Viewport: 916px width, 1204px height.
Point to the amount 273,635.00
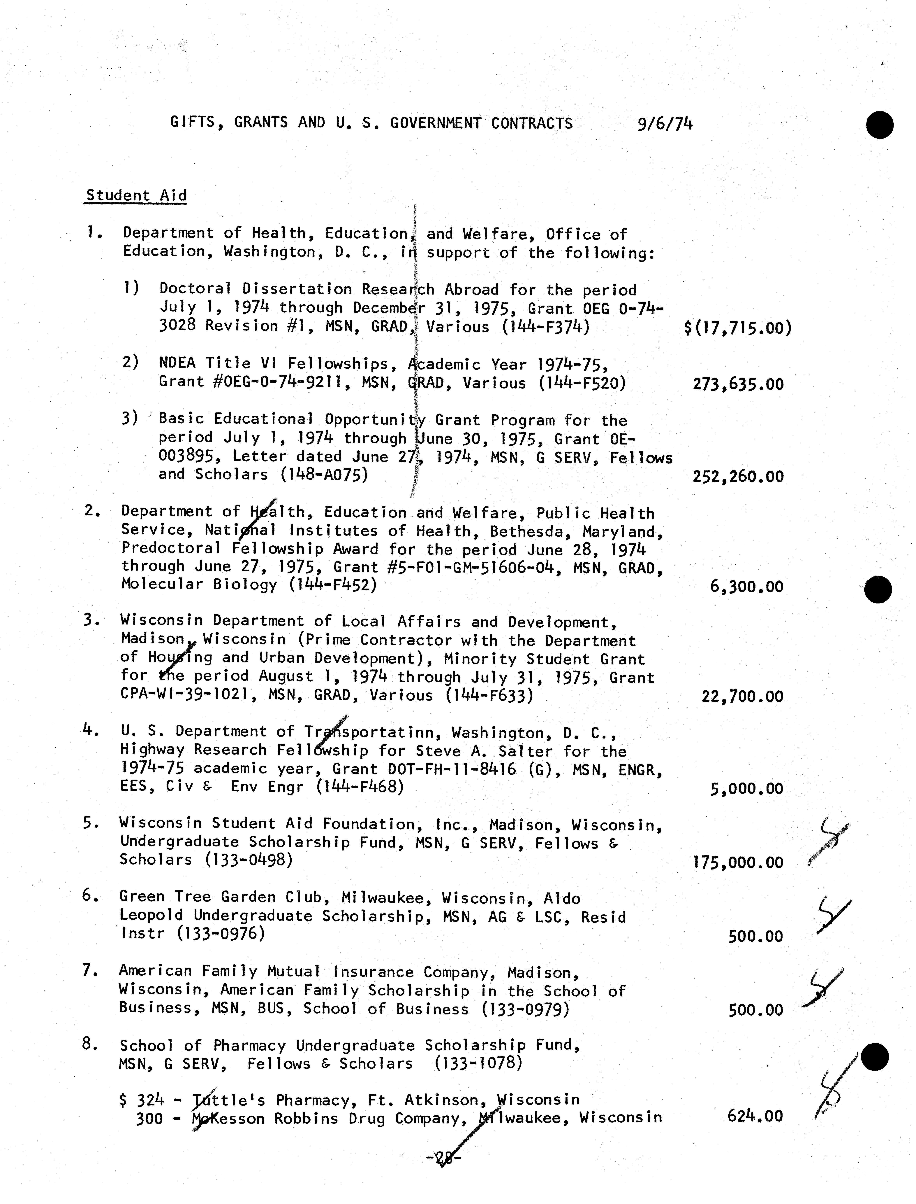pyautogui.click(x=738, y=385)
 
